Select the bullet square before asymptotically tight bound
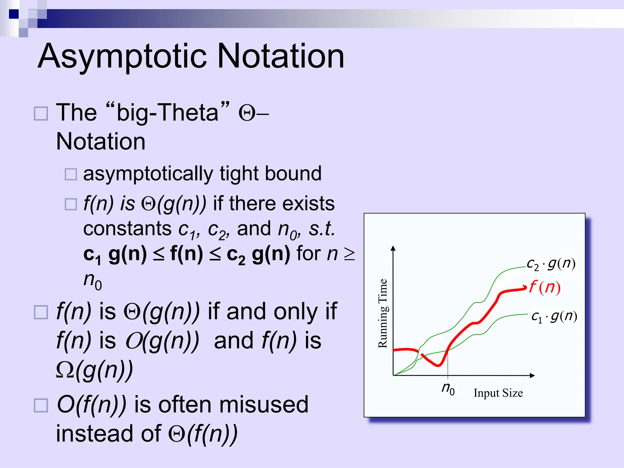[71, 174]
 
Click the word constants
[127, 229]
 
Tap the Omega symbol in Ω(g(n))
[65, 370]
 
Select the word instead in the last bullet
[94, 434]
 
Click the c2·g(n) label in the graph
[551, 264]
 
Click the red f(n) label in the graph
[545, 287]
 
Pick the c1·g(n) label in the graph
[554, 317]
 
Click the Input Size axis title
[498, 393]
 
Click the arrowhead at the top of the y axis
[393, 248]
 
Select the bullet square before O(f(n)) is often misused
[41, 406]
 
